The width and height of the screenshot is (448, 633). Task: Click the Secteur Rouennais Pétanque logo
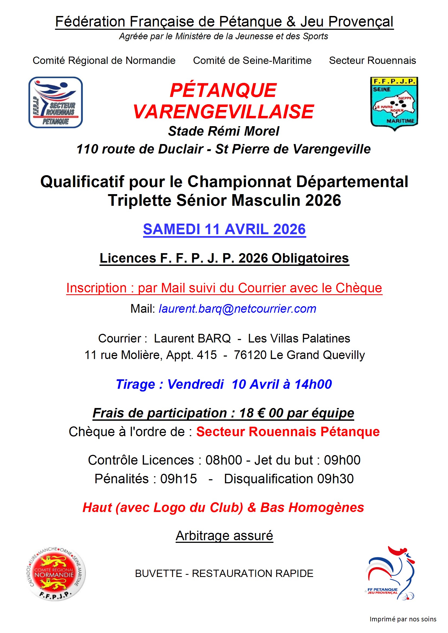56,102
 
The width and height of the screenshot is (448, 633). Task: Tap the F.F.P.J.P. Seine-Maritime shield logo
394,103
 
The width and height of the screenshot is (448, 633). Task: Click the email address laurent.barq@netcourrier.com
237,309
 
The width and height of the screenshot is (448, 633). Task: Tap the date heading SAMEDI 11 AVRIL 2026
224,229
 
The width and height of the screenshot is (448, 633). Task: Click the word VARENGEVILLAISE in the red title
224,112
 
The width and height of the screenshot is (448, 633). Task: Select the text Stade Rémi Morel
224,131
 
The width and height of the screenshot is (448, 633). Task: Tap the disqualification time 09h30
335,479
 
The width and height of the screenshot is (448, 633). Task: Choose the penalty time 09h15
179,479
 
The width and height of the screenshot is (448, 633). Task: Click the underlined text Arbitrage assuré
224,536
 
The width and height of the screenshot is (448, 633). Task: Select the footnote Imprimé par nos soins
403,619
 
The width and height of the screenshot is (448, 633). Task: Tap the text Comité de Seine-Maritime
252,61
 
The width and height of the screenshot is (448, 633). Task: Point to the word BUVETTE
159,573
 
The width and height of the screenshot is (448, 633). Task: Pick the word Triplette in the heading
140,200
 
